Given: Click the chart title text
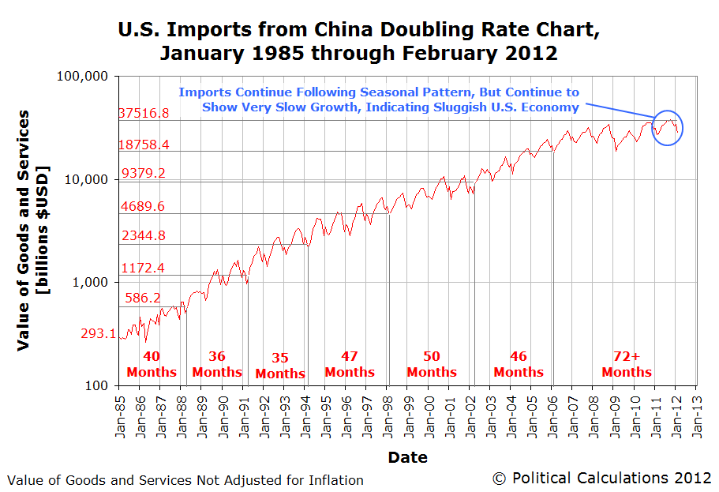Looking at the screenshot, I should [359, 42].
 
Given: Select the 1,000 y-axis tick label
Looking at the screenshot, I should [96, 282].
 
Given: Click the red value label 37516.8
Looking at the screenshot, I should [144, 113].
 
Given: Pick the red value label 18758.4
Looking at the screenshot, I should [144, 145].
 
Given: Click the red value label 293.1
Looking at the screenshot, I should [99, 333].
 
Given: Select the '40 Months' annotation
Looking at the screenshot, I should [152, 364].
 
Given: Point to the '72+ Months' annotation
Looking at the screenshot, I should [627, 364].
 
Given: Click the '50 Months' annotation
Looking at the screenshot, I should [432, 364].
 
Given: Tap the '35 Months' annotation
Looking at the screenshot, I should [280, 366].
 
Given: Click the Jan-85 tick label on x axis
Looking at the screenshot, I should [119, 414].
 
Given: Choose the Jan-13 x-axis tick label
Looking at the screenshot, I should [695, 414].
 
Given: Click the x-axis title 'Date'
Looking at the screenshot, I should [407, 457].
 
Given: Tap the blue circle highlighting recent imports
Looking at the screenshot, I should [668, 127].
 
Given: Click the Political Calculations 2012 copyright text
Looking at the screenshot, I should [601, 478].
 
